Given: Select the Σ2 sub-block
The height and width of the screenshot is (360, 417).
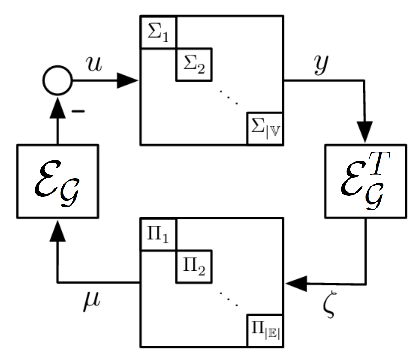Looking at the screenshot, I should point(194,65).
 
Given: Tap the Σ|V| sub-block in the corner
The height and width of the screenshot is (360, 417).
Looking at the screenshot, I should point(265,129).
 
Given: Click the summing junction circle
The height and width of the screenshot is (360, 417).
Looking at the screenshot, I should point(58,80).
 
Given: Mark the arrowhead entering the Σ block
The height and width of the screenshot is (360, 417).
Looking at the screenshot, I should point(129,80).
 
